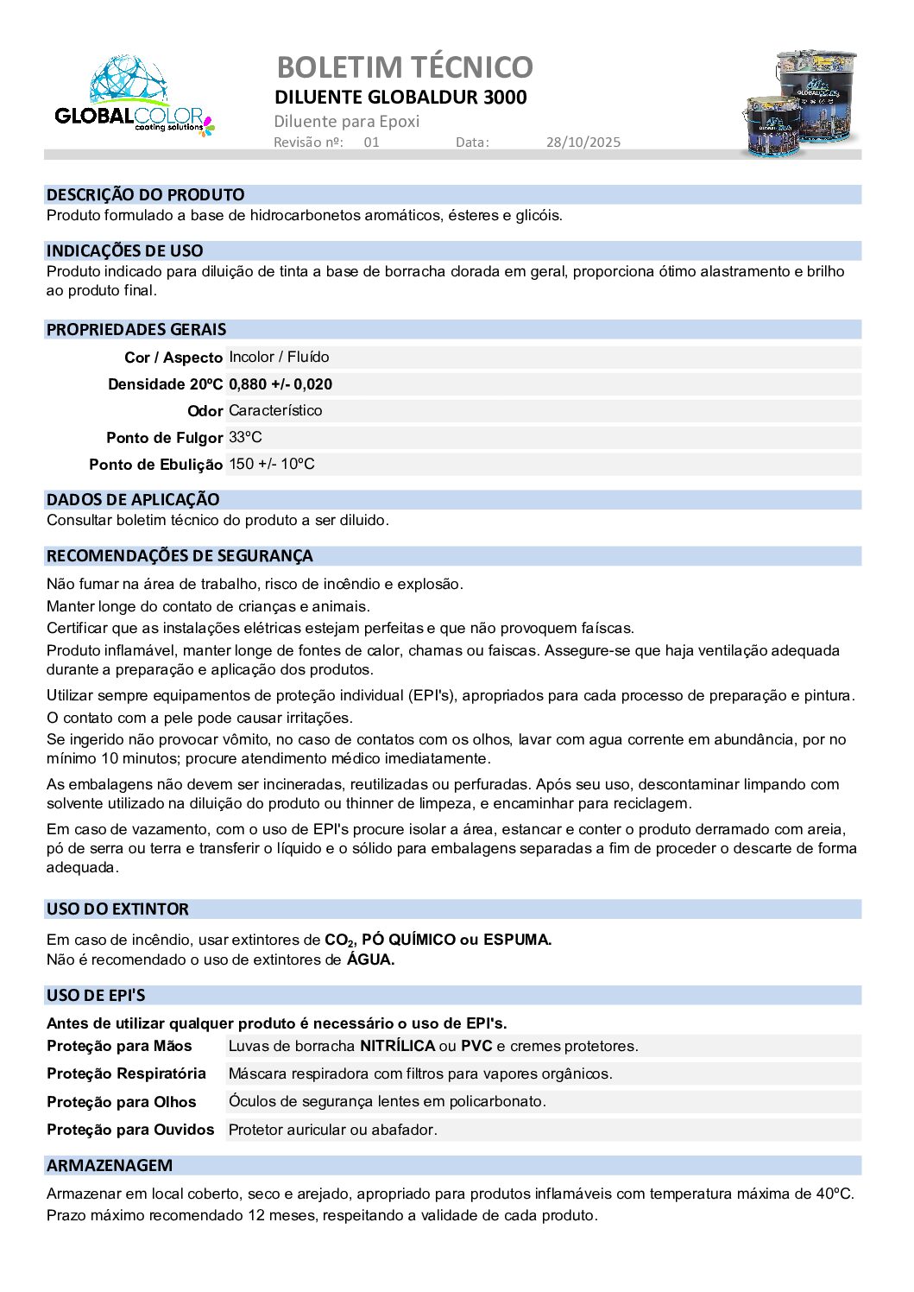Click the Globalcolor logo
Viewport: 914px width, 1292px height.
tap(134, 98)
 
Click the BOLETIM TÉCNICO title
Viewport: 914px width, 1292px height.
tap(404, 66)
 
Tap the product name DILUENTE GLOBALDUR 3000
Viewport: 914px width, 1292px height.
tap(400, 97)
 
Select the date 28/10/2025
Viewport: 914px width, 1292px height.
tap(583, 142)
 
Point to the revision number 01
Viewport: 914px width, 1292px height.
tap(371, 142)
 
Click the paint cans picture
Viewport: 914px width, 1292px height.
tap(801, 103)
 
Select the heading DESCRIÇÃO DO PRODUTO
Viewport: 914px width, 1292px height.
tap(145, 194)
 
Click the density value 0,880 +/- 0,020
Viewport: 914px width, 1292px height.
tap(281, 384)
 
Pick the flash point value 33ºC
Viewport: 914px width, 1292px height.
tap(245, 437)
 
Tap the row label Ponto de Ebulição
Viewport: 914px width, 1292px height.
tap(155, 465)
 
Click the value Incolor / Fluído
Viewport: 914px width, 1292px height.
tap(279, 357)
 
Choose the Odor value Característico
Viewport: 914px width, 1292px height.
tap(275, 410)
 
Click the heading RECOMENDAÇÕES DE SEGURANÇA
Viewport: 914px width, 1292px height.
tap(180, 555)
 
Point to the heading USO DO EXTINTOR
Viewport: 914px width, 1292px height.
tap(117, 909)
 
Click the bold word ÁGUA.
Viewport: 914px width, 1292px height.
tap(370, 959)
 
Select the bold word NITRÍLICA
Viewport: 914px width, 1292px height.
tap(397, 1046)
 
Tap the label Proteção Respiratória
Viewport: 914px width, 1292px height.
tap(126, 1073)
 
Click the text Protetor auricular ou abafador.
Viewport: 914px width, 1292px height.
tap(332, 1130)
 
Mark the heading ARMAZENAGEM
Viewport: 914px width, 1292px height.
tap(110, 1165)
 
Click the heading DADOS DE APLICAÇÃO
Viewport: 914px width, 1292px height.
tap(133, 499)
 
